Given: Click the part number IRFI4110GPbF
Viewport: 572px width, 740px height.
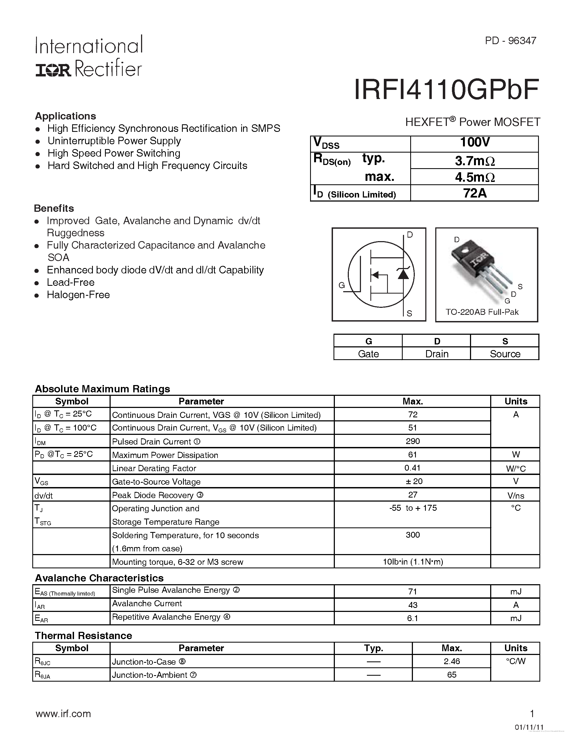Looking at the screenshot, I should [446, 90].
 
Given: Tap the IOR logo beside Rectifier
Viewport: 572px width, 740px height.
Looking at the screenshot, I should [53, 70].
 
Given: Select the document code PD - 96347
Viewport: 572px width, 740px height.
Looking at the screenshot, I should [510, 41].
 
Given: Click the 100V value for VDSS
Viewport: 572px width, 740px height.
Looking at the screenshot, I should [474, 143].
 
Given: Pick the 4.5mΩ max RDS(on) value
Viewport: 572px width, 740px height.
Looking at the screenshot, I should [474, 177].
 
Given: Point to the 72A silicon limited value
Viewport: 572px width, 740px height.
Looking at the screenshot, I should [474, 193].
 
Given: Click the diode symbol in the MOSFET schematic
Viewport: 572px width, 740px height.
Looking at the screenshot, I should [403, 273].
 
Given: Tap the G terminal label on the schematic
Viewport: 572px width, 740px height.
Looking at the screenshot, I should [342, 285].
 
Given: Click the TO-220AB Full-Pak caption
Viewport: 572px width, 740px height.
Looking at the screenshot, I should [482, 312].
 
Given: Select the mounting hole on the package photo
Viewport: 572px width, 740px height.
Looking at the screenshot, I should [465, 251].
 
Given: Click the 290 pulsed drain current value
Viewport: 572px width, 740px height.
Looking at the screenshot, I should [412, 441].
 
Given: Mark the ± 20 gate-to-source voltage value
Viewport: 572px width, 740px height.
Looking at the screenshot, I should [412, 481].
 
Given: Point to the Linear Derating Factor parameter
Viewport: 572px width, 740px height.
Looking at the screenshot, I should [154, 468].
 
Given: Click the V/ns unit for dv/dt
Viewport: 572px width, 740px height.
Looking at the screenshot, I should [515, 496].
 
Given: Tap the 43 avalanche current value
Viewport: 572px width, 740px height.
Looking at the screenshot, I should [412, 605].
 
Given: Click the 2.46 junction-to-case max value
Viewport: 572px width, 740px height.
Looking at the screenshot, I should [451, 661].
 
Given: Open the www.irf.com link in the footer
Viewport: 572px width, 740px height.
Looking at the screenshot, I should [63, 714].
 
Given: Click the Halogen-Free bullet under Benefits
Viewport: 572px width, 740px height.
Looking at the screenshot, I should [78, 295].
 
